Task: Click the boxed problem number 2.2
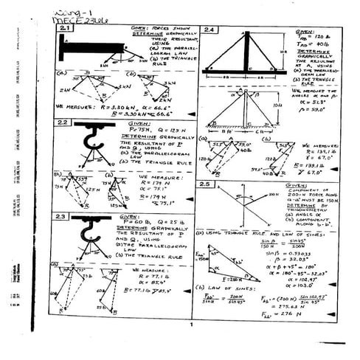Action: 63,122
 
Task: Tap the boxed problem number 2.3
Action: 63,216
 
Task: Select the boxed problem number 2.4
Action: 209,30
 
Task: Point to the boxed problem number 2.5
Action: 207,184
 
